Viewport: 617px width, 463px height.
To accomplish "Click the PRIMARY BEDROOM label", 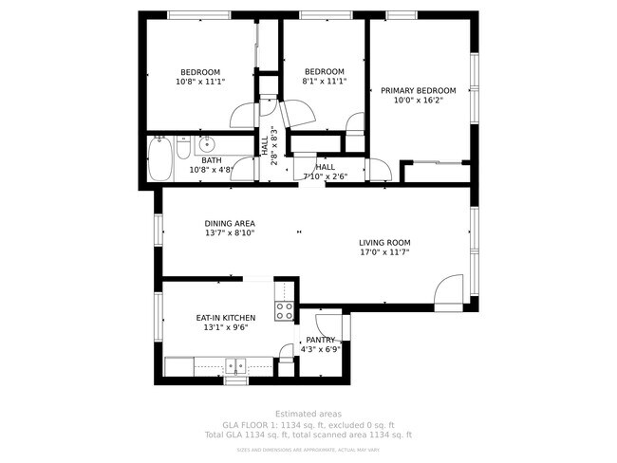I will click(x=418, y=91).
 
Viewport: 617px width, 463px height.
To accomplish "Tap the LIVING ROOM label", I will click(x=384, y=243).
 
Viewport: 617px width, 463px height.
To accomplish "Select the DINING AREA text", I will click(x=230, y=224).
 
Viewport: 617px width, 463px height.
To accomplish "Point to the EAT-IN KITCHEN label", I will click(x=225, y=318).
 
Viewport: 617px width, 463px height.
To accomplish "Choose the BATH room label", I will click(x=211, y=160).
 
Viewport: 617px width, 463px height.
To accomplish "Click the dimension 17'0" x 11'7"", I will click(x=384, y=252).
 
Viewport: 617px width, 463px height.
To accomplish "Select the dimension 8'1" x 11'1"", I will click(x=324, y=82).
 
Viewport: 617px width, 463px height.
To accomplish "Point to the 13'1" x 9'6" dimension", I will click(x=225, y=327).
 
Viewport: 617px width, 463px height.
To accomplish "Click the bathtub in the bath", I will click(x=159, y=159).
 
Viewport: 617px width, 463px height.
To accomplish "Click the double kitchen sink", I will click(x=236, y=366).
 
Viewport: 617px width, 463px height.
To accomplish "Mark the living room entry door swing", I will click(x=447, y=291).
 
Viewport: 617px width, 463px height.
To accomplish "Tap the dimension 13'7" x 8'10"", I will click(x=230, y=233).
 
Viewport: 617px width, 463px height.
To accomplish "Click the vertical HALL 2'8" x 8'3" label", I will click(x=269, y=146).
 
